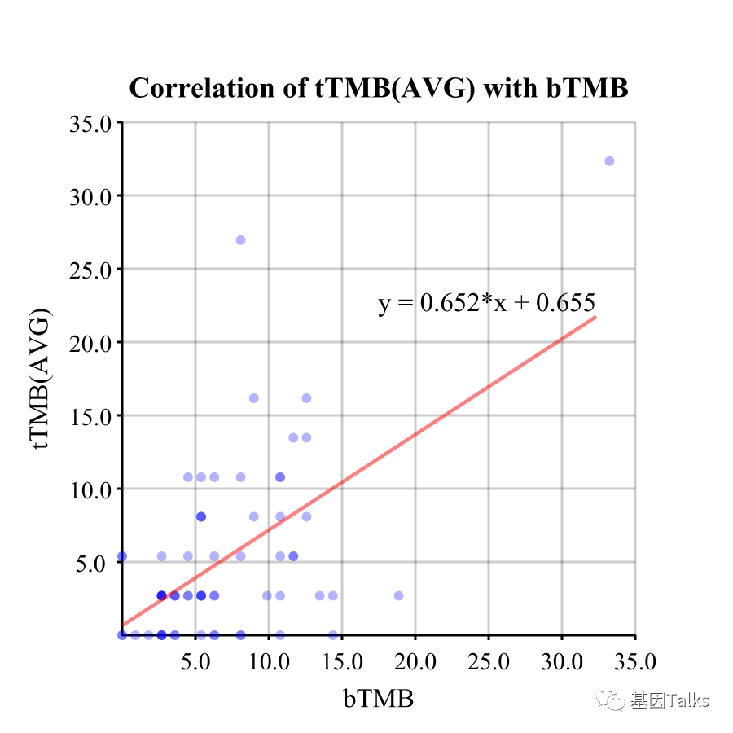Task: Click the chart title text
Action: click(379, 88)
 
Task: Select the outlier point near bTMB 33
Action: click(609, 161)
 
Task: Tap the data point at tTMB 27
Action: click(240, 240)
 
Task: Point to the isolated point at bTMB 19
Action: click(398, 595)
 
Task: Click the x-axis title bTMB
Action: click(378, 699)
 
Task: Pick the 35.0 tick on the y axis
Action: click(94, 123)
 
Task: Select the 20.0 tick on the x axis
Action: click(415, 658)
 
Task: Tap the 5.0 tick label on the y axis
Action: click(94, 563)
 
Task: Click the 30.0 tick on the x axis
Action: click(562, 658)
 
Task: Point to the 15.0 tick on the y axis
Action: click(94, 416)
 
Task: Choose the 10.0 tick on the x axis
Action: click(269, 658)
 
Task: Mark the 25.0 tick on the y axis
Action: click(94, 270)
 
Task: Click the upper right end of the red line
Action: click(595, 317)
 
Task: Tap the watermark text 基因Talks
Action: click(669, 700)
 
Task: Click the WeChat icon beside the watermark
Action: click(611, 700)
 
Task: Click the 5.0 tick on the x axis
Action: click(195, 658)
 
